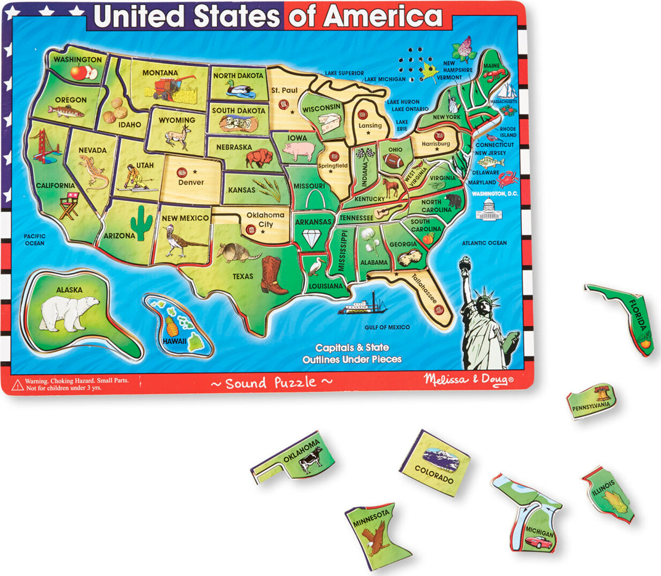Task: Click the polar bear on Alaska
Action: pyautogui.click(x=68, y=314)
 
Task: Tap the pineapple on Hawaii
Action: pyautogui.click(x=172, y=326)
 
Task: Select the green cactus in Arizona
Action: pyautogui.click(x=142, y=223)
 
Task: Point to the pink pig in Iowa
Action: pyautogui.click(x=298, y=151)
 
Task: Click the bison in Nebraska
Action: pyautogui.click(x=258, y=158)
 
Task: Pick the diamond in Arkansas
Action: pyautogui.click(x=313, y=238)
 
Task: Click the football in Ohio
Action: pyautogui.click(x=393, y=160)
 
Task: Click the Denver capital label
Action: pyautogui.click(x=191, y=182)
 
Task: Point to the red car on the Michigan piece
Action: pyautogui.click(x=538, y=542)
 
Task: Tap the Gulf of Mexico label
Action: pyautogui.click(x=387, y=327)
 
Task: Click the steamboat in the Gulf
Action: pyautogui.click(x=363, y=306)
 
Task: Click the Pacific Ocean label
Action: pyautogui.click(x=35, y=239)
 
